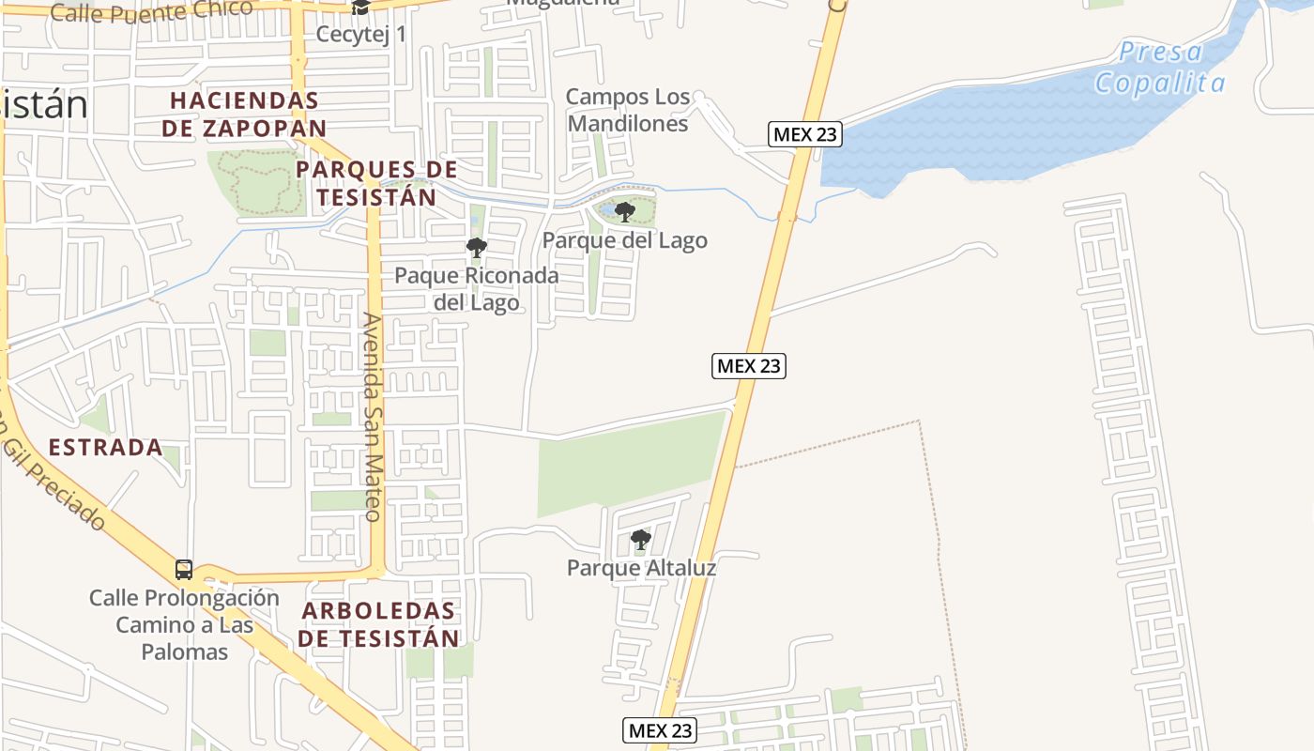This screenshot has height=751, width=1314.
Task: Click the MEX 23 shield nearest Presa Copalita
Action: (x=804, y=134)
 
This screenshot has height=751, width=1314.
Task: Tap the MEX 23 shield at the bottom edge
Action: (x=660, y=730)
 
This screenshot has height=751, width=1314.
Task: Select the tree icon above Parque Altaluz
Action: (x=641, y=539)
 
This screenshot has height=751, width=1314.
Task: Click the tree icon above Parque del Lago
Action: (x=625, y=211)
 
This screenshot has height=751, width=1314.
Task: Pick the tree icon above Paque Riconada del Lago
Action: (x=477, y=248)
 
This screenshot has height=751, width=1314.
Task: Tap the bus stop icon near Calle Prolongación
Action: (x=184, y=569)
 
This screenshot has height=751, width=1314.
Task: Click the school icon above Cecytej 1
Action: (x=360, y=8)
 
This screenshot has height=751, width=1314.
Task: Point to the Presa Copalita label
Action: (x=1160, y=68)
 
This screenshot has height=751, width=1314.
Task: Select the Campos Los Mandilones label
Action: (x=628, y=110)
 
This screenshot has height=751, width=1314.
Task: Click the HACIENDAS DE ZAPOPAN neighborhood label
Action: (x=244, y=114)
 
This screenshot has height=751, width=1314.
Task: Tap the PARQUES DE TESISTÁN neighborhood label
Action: (x=376, y=183)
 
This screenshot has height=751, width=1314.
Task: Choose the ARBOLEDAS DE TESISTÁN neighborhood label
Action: (x=380, y=624)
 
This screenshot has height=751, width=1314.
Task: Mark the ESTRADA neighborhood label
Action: (x=105, y=448)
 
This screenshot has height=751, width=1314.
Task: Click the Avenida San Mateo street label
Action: (x=372, y=418)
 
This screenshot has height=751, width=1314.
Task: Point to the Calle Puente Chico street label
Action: (x=151, y=11)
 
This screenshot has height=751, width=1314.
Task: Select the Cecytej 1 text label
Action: (x=361, y=35)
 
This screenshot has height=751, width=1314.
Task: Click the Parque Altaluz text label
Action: (x=641, y=568)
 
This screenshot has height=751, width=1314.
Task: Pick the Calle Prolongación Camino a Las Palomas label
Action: (x=185, y=624)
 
